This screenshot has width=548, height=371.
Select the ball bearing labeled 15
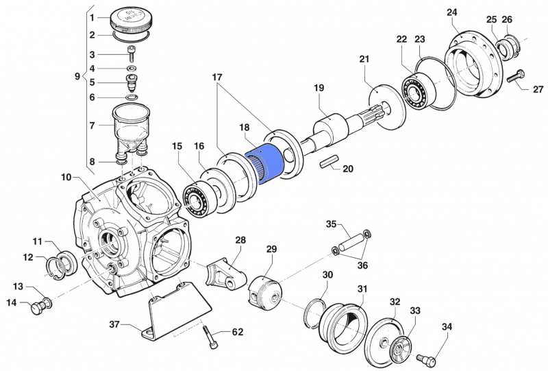point(199,198)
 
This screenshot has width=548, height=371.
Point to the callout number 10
point(66,178)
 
